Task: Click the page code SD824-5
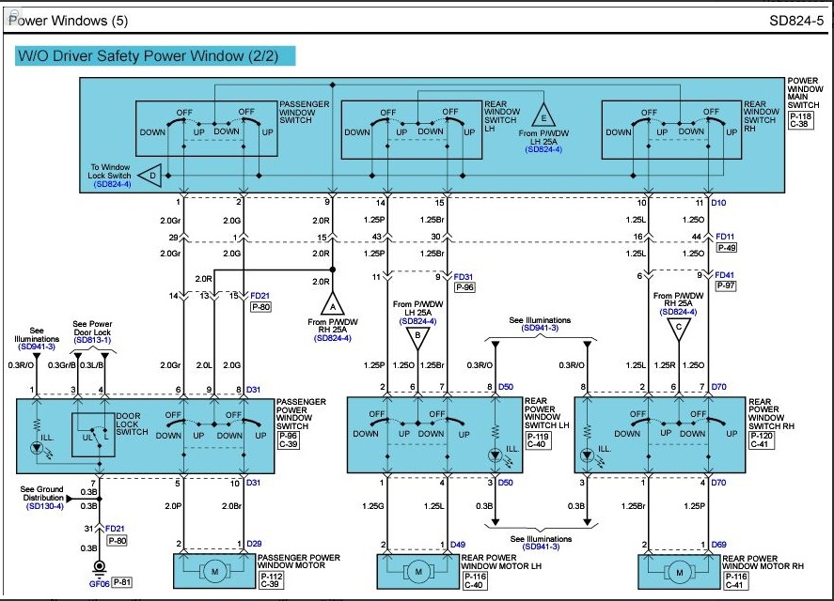click(796, 21)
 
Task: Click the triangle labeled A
click(333, 304)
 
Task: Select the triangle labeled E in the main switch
click(543, 116)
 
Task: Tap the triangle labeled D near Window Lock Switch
click(150, 176)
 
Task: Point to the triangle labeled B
click(418, 337)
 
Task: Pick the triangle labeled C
click(679, 329)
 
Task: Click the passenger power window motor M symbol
click(215, 572)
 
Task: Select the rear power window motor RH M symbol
click(679, 572)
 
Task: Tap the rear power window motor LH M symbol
click(418, 572)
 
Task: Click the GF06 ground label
click(100, 583)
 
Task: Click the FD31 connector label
click(464, 277)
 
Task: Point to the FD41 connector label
click(724, 275)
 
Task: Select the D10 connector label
click(718, 203)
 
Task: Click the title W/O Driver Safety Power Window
click(148, 55)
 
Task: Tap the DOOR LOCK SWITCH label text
click(132, 424)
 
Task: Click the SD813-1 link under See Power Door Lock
click(92, 340)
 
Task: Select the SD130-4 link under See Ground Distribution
click(45, 506)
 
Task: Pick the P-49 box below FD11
click(727, 248)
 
